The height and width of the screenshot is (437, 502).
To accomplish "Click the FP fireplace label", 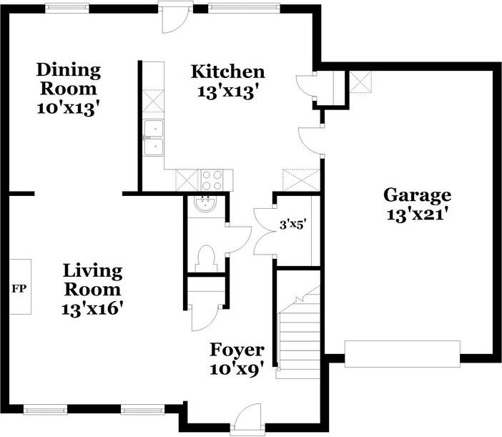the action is tap(19, 289).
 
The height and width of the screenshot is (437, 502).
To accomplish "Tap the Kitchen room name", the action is tap(228, 72).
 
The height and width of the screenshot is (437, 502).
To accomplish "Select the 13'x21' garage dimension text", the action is tap(417, 214).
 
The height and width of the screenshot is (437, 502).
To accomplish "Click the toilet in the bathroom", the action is tap(206, 259).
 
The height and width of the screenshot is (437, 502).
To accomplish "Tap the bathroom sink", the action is tap(206, 204).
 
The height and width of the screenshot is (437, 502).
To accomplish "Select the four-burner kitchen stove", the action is tap(212, 180).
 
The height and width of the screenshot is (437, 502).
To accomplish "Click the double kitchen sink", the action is tap(153, 137).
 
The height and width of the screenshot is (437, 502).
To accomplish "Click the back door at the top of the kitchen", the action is tap(174, 20).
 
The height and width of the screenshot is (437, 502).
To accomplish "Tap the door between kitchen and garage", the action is tap(310, 140).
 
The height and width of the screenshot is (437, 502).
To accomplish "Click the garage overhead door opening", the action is tap(403, 354).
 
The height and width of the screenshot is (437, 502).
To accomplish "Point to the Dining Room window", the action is tap(67, 9).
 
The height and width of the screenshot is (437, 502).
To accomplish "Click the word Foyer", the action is tap(237, 350).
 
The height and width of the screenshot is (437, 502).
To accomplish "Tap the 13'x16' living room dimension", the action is tap(92, 309).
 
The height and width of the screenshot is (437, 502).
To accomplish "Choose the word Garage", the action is tap(417, 195).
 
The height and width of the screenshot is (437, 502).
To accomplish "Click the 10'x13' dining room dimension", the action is tap(67, 109).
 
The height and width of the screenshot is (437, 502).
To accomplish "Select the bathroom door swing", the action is tap(239, 240).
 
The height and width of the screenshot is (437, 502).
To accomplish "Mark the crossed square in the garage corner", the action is tap(360, 82).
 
